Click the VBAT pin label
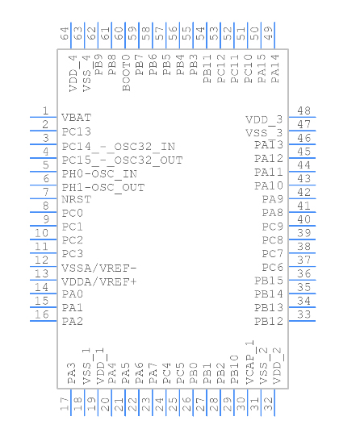77,118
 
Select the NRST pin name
77,199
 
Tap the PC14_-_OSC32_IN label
119,147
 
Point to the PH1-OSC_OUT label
103,188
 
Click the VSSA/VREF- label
99,269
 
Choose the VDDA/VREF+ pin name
99,281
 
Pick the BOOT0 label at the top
126,73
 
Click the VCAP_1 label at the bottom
250,362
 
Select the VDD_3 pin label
264,120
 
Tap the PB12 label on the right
269,321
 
